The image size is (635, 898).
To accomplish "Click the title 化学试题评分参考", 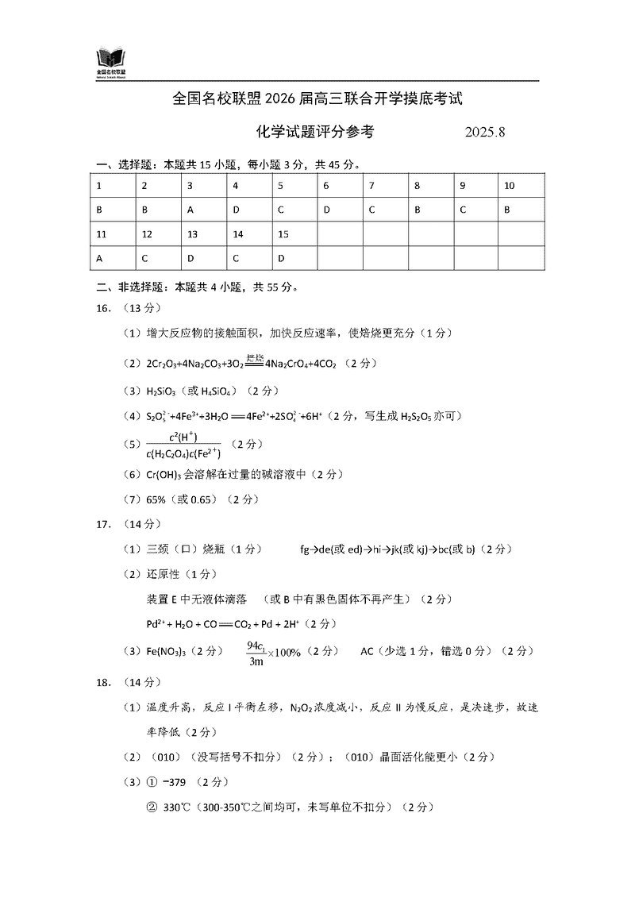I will [315, 132].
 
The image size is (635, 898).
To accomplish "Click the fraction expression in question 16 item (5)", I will [183, 445].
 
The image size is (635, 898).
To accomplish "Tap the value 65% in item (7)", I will [159, 500].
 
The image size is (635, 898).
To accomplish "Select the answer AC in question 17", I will [367, 651].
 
